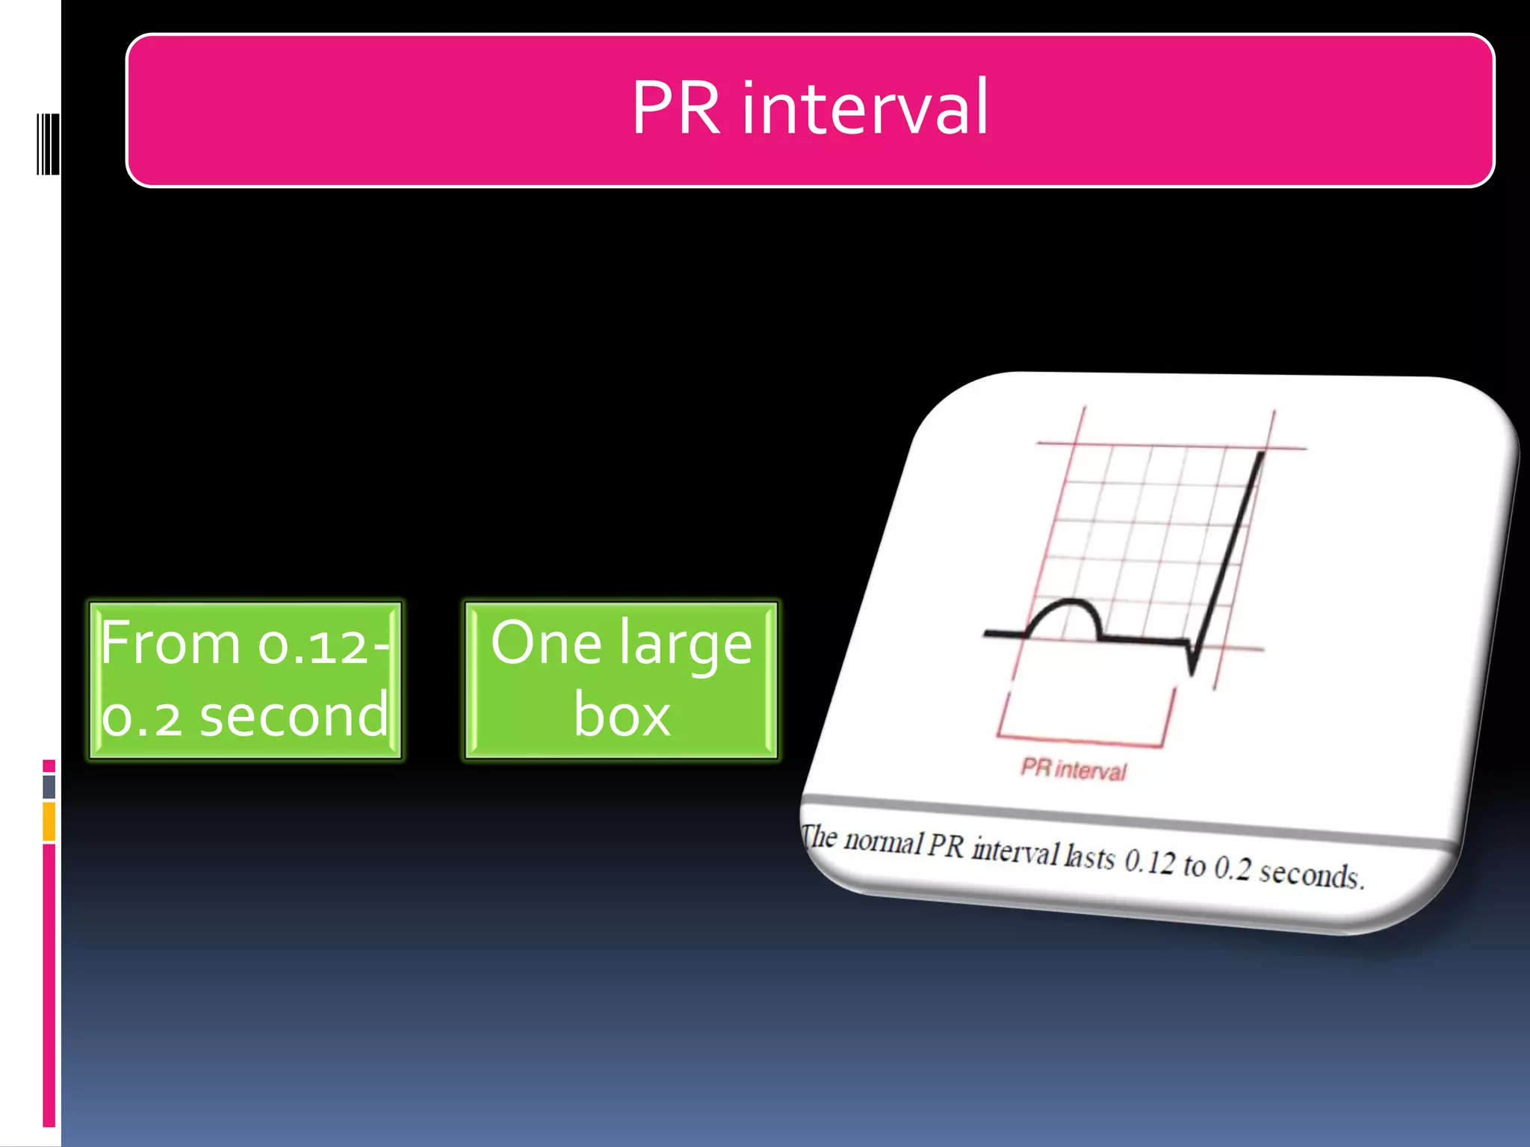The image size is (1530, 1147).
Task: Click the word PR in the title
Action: coord(676,108)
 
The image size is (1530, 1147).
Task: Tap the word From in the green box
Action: coord(170,643)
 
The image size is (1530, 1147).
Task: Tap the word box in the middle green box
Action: coord(622,716)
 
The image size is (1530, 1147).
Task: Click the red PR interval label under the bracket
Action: coord(1073,769)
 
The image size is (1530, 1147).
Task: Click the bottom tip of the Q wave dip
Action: coord(1192,671)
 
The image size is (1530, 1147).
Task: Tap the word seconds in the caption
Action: coord(1311,874)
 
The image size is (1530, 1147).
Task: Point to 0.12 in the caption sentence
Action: coord(1150,862)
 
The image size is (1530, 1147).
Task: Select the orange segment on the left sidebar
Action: coord(49,821)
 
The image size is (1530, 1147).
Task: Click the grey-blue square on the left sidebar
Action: coord(49,786)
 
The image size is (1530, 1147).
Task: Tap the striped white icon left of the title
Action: coord(48,144)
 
